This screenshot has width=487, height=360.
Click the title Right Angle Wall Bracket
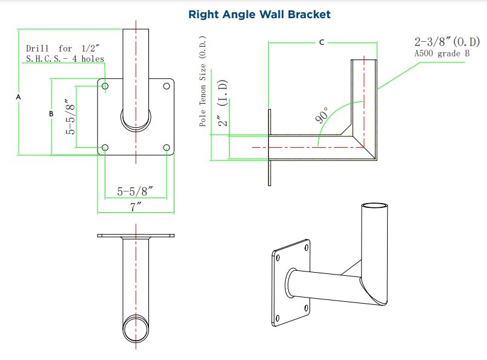259,14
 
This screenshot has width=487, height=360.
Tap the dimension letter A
18,97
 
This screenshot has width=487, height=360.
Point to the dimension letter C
322,42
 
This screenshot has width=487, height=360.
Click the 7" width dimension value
136,207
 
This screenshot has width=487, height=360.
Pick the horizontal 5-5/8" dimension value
134,192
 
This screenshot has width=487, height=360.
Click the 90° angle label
322,114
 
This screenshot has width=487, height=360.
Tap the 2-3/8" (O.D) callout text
446,42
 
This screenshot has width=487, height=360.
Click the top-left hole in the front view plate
106,87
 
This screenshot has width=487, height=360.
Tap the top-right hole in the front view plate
166,87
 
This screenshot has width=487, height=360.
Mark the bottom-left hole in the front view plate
106,147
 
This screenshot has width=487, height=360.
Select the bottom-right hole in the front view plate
166,147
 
